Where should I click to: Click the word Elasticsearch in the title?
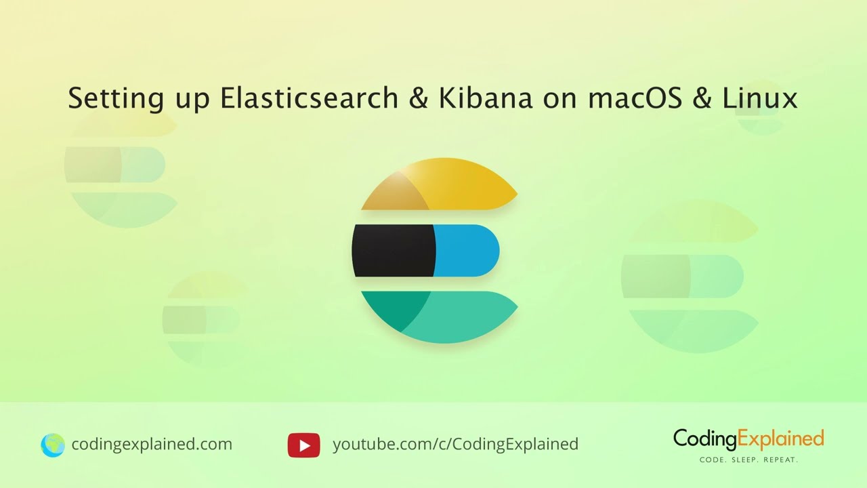[x=309, y=99]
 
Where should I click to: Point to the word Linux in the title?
[x=760, y=99]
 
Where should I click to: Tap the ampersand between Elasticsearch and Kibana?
[x=419, y=99]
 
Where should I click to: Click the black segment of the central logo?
[x=393, y=250]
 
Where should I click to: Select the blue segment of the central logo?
[x=466, y=250]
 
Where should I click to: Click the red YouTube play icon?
[x=303, y=445]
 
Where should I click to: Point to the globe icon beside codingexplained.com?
[x=52, y=445]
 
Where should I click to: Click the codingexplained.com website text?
[x=152, y=445]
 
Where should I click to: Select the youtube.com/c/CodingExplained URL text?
[x=455, y=445]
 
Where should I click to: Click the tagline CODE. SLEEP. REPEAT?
[x=748, y=460]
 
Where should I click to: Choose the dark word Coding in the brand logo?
[x=704, y=440]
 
